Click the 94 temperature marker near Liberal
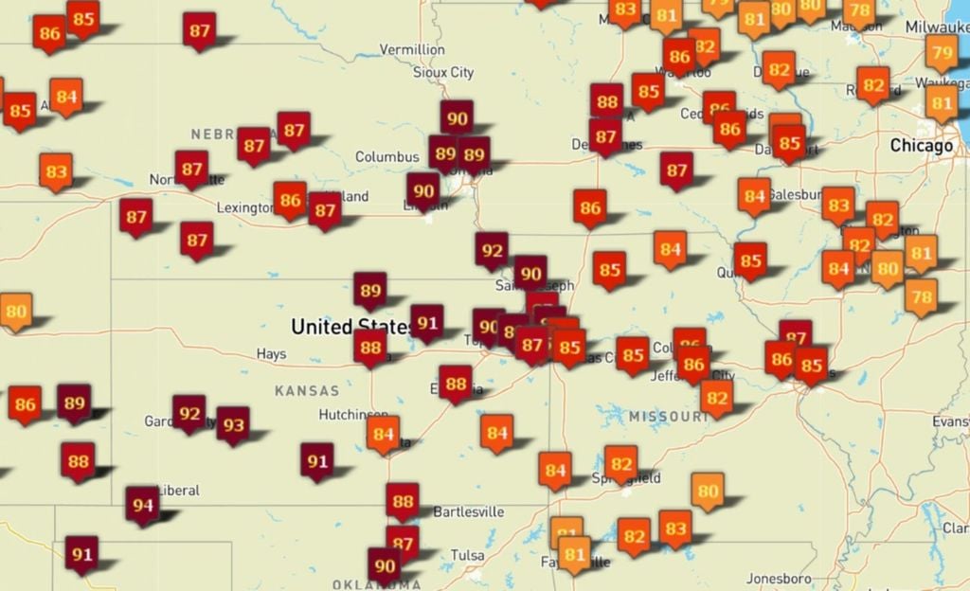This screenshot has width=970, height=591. [x=142, y=504]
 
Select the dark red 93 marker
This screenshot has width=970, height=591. [x=233, y=424]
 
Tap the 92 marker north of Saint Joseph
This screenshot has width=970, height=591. [x=492, y=250]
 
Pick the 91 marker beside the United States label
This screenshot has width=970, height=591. [x=427, y=322]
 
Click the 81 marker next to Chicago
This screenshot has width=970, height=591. [x=942, y=102]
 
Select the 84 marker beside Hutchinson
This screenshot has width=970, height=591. [x=383, y=434]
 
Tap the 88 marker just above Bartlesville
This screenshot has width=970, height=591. [x=403, y=500]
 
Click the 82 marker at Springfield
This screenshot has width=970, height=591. [x=620, y=464]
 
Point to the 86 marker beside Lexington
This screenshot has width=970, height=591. [x=291, y=199]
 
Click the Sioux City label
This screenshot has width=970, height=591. [x=443, y=72]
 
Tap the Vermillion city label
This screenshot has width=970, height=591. [x=412, y=49]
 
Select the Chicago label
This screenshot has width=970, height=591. [x=921, y=146]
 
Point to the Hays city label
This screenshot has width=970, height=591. [x=271, y=354]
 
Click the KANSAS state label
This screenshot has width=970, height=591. [x=306, y=390]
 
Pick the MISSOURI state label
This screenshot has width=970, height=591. [x=668, y=417]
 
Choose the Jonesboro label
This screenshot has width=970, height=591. [x=779, y=578]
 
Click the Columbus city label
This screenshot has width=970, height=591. [x=386, y=156]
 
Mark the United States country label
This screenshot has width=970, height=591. [x=350, y=328]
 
